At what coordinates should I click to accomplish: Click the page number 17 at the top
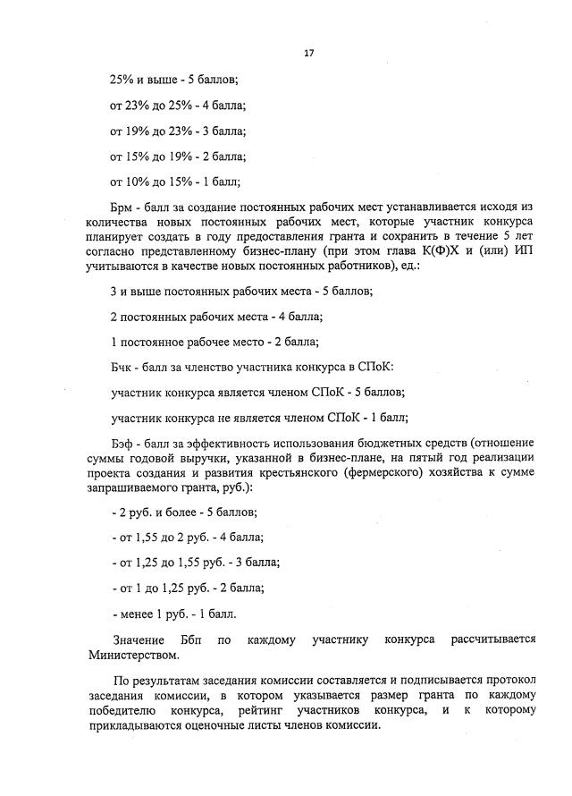point(308,54)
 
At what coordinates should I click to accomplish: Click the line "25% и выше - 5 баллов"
point(174,80)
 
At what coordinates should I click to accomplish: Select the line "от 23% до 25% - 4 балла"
point(178,106)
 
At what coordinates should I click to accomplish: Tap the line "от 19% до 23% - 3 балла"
point(178,131)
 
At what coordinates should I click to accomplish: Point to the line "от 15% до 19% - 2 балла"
point(178,157)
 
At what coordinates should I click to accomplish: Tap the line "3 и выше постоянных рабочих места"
point(240,292)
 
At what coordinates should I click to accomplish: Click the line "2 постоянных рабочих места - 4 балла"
point(216,318)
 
